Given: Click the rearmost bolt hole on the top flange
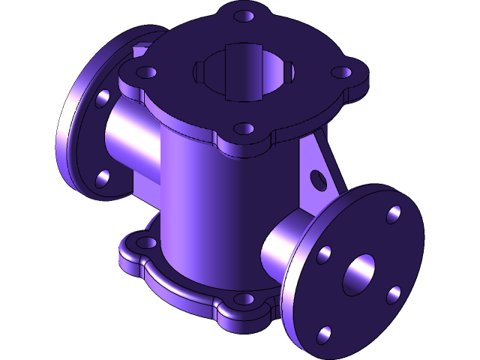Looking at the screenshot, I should (241, 15).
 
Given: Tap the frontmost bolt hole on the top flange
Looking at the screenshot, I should (242, 128).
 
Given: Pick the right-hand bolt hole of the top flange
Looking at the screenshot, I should (341, 73).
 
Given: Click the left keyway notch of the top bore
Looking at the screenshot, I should (198, 72).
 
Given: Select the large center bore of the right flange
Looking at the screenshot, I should (359, 274).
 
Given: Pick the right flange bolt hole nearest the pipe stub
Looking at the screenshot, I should (323, 254).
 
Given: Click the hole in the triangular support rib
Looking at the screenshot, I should (319, 179).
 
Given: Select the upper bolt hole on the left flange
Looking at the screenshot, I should (103, 97).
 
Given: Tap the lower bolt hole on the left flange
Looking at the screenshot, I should (103, 177).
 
